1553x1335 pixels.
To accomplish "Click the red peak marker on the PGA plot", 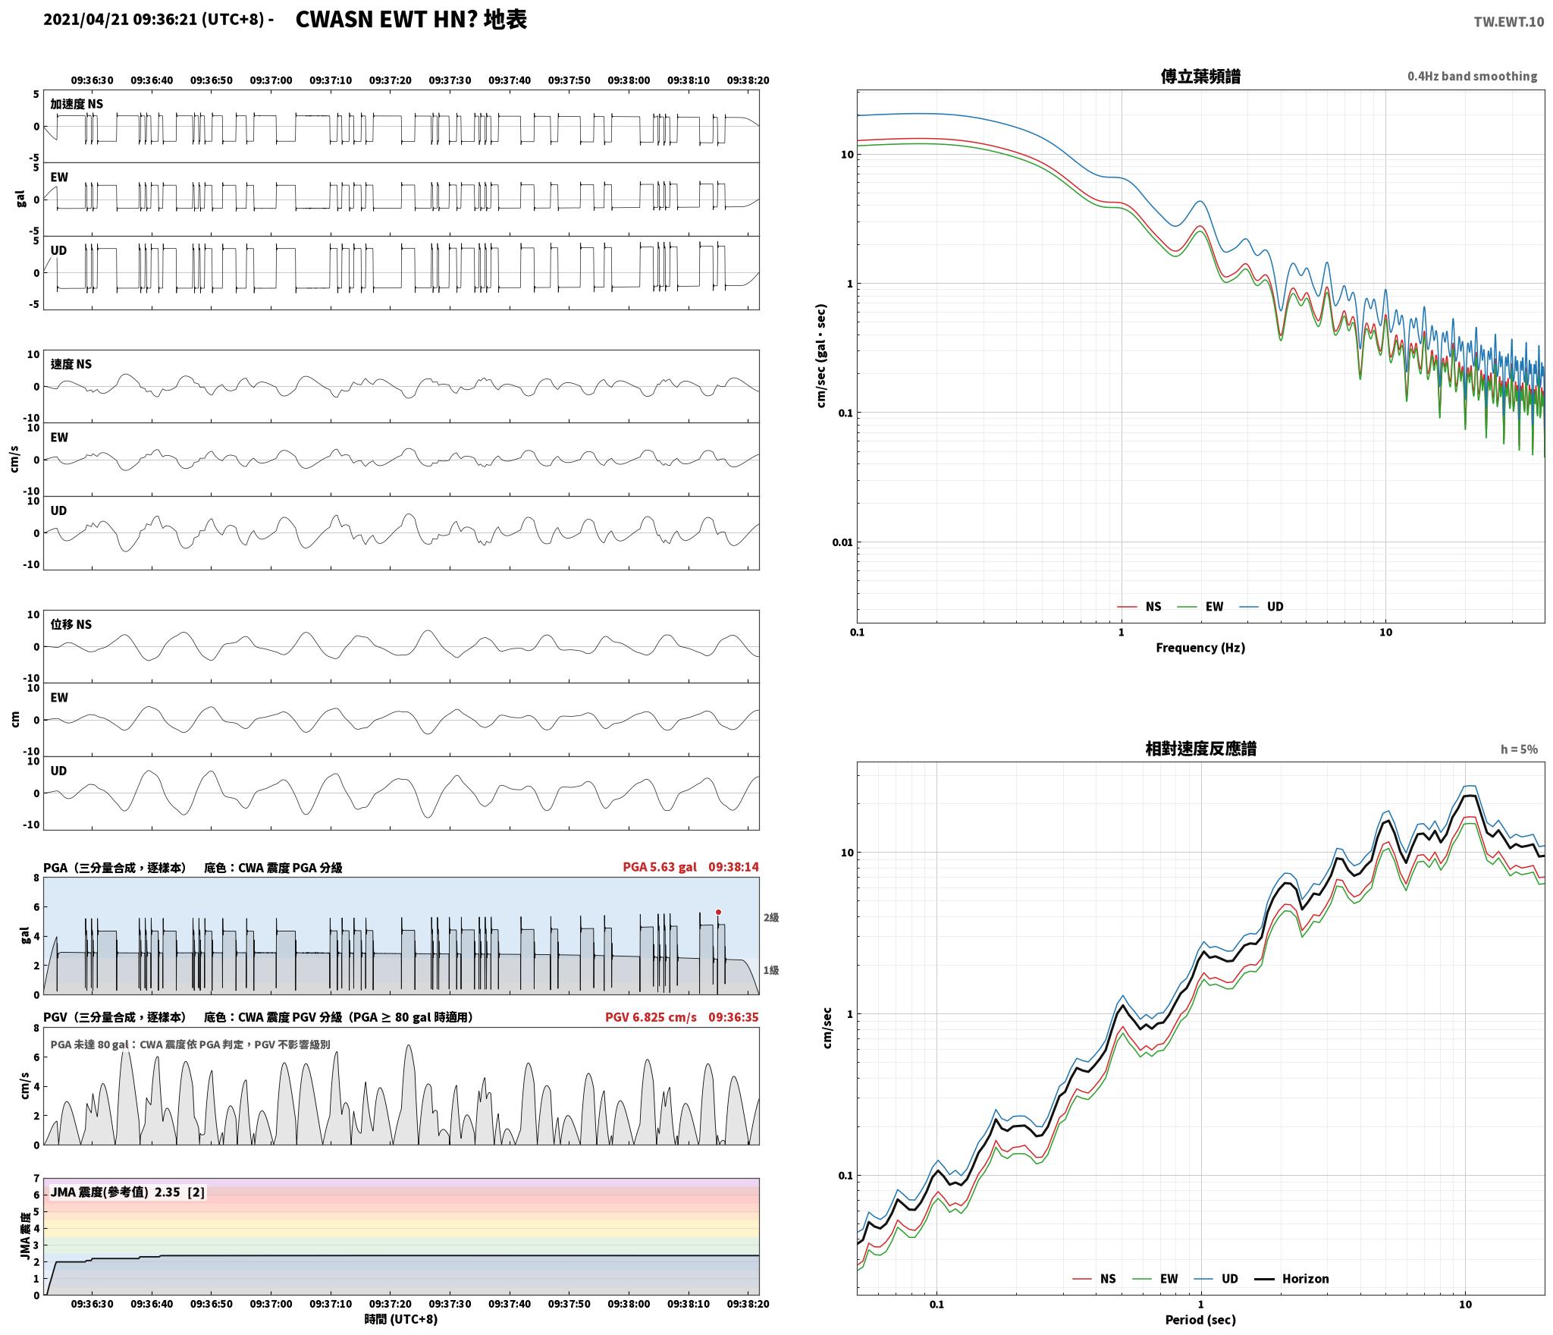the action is tap(718, 912).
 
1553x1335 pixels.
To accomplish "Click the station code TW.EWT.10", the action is tap(1508, 21).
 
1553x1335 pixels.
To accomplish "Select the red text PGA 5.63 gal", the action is tap(660, 867).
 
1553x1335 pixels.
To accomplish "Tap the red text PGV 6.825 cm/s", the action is tap(651, 1017).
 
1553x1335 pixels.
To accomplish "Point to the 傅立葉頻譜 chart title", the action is tap(1200, 77).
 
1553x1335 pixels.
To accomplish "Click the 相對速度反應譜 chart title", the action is tap(1200, 749).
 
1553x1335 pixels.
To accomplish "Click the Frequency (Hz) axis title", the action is tap(1200, 647).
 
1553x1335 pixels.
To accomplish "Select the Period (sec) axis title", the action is tap(1200, 1320).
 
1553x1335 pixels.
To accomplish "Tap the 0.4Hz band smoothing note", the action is tap(1473, 76).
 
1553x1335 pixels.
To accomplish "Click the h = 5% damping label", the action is tap(1519, 749).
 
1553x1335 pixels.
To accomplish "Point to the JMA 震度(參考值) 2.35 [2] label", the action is tap(127, 1192).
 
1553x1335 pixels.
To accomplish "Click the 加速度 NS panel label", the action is tap(77, 104).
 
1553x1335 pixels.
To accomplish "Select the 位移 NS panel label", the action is tap(71, 624).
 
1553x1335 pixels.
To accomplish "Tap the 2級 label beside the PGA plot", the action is tap(771, 917).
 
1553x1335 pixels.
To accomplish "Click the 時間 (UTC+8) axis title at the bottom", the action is tap(401, 1319).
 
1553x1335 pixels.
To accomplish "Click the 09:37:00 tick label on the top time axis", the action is tap(271, 80).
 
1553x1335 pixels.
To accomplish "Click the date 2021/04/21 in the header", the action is tap(86, 20).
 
